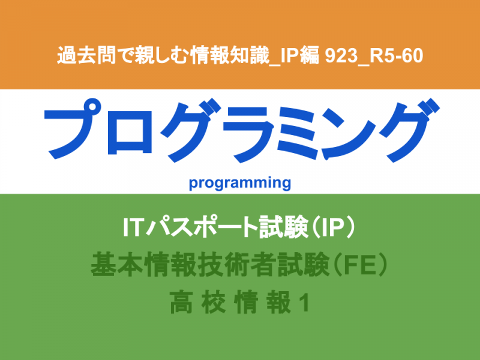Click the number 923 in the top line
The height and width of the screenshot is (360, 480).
tap(341, 56)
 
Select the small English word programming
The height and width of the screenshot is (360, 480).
tap(239, 183)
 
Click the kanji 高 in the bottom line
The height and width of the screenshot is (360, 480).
tap(181, 302)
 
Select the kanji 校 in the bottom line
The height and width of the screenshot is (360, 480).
tap(214, 302)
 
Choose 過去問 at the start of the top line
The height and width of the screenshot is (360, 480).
tap(86, 56)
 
